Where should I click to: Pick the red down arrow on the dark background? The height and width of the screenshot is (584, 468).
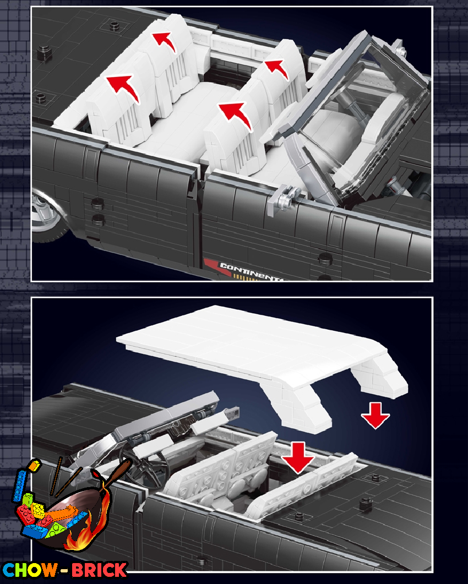tap(375, 415)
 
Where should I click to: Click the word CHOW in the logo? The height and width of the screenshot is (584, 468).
tap(30, 570)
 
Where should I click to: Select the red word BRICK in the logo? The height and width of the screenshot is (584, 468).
tap(99, 570)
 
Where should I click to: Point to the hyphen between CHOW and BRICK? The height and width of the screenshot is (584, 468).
tap(64, 570)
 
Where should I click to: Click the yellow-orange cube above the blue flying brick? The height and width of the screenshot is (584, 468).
tap(35, 466)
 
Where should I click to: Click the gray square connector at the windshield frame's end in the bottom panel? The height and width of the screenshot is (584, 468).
tap(232, 412)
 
